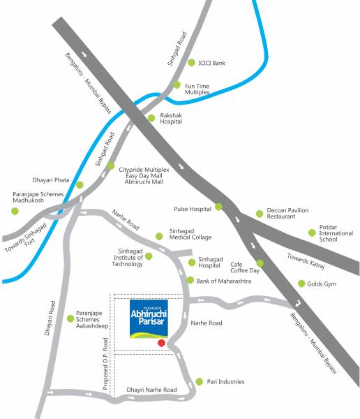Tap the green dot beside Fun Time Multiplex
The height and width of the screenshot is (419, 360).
(177, 85)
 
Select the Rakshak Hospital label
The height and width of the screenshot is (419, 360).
(171, 117)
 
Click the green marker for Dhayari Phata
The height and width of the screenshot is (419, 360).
(80, 185)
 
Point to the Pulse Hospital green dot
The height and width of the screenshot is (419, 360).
(218, 207)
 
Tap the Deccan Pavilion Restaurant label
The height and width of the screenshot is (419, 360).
(287, 214)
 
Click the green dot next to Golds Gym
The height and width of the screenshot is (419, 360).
(301, 284)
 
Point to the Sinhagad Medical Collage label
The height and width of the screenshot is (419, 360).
(190, 236)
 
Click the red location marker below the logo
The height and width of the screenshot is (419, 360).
(161, 343)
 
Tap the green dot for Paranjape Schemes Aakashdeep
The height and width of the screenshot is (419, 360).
(70, 319)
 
